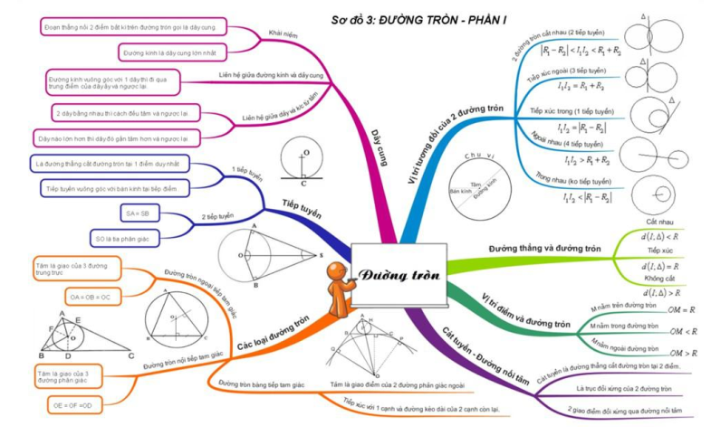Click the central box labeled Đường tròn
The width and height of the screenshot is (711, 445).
click(x=399, y=274)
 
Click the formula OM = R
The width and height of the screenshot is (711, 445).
click(x=681, y=309)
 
